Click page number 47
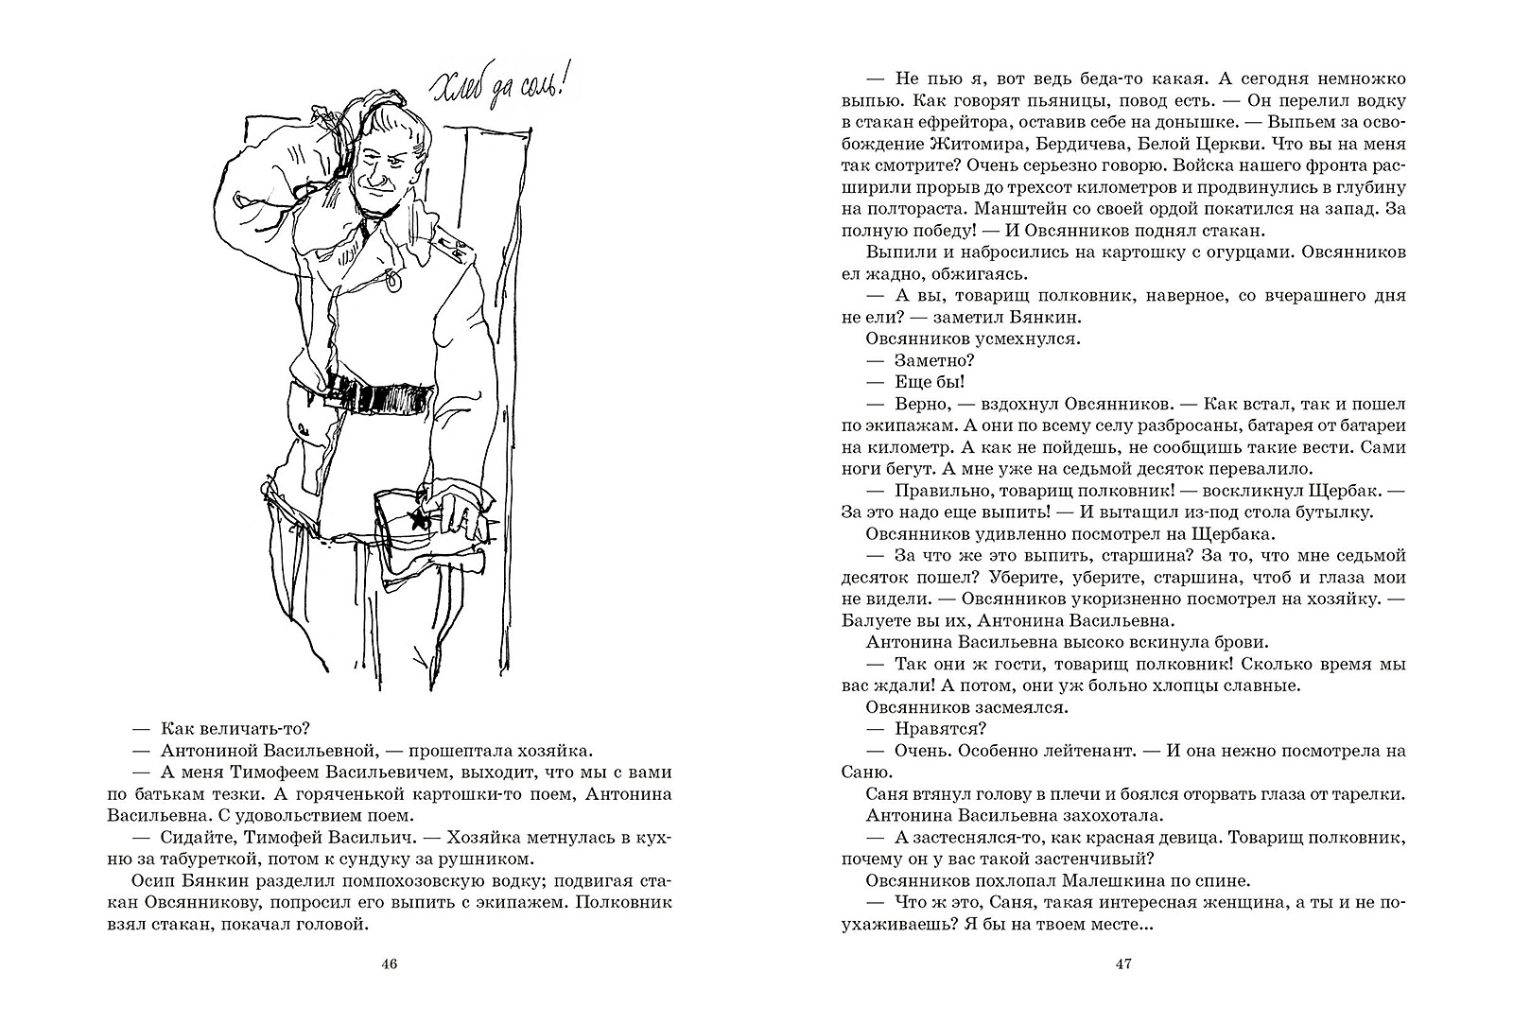point(1124,964)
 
